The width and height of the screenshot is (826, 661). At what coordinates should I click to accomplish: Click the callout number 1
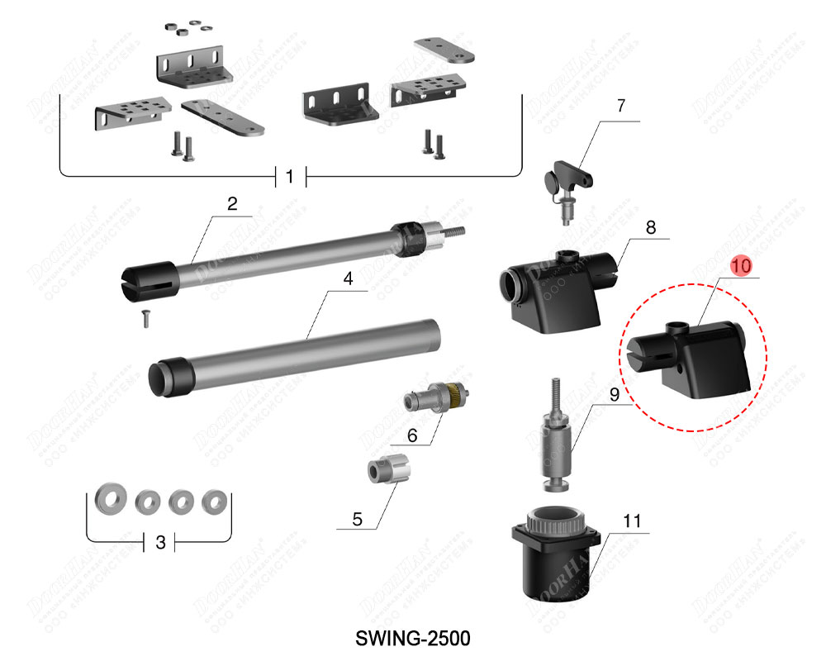(x=290, y=177)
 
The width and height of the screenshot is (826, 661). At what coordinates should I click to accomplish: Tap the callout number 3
(x=161, y=542)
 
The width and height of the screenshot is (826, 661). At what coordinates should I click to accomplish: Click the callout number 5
(x=357, y=519)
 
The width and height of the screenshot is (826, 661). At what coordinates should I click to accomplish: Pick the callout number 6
(x=412, y=434)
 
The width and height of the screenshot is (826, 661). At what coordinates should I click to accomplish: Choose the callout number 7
(x=621, y=106)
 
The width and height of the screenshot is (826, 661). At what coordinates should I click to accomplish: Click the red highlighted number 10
(x=741, y=266)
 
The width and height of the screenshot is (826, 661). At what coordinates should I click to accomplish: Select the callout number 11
(x=632, y=521)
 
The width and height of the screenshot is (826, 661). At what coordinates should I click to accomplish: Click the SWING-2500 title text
(x=412, y=639)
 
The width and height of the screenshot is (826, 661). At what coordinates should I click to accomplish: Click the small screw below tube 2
(x=146, y=316)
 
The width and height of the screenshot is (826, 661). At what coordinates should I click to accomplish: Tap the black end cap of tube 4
(x=166, y=376)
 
